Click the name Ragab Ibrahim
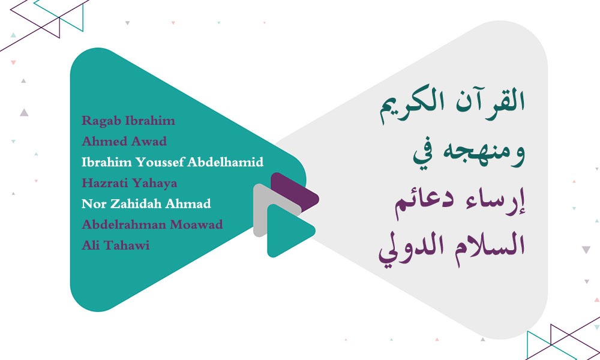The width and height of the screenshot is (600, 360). (x=128, y=121)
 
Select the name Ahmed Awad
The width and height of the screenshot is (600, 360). (x=124, y=142)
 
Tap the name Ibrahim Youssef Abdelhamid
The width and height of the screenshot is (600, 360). (x=172, y=162)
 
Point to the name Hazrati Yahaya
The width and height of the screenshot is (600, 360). (x=129, y=183)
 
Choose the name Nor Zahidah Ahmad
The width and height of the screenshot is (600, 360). (x=146, y=203)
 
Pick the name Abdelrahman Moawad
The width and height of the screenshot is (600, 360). (x=152, y=224)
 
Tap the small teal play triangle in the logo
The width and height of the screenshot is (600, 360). (x=287, y=230)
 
